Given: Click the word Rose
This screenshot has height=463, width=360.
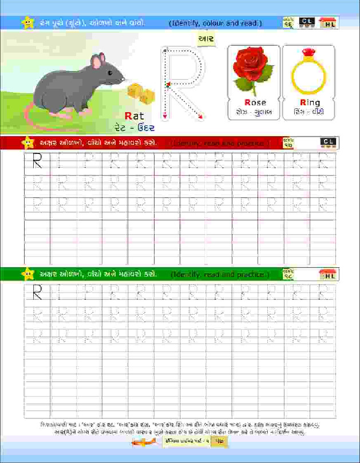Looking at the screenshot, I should pos(255,102).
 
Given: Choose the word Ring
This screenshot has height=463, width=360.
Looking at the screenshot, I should pos(310,102).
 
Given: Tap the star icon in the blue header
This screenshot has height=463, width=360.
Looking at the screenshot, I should pos(26,22).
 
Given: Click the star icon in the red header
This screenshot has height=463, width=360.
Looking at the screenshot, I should pos(26,143).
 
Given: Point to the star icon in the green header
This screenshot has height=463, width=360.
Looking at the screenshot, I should pos(26,274).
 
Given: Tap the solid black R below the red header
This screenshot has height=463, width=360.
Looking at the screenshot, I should pos(38,161).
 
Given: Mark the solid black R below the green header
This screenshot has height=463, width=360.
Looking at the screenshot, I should pos(38,294).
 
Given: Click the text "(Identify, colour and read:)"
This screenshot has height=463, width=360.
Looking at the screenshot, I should pos(216,23).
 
